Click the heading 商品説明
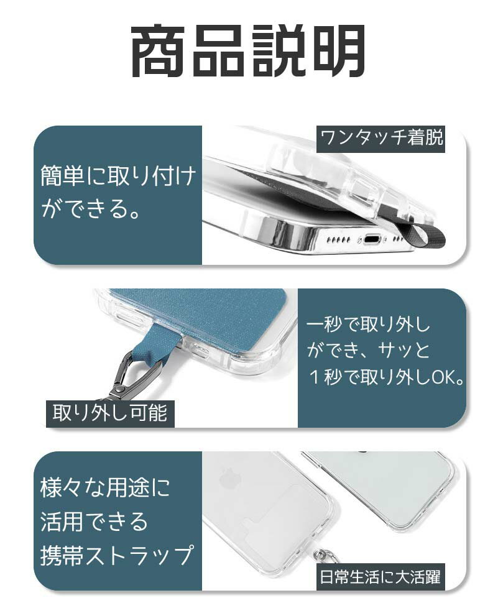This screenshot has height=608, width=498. click(249, 52)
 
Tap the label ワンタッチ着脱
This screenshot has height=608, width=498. click(381, 138)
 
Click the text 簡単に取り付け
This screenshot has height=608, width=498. click(118, 177)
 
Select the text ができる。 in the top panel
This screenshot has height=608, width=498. click(94, 209)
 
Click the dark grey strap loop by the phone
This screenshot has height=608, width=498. click(429, 237)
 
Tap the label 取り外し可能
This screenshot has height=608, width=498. click(110, 412)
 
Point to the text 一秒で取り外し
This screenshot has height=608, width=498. click(368, 325)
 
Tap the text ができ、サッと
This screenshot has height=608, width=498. click(368, 351)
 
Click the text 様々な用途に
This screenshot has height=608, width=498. click(105, 487)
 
